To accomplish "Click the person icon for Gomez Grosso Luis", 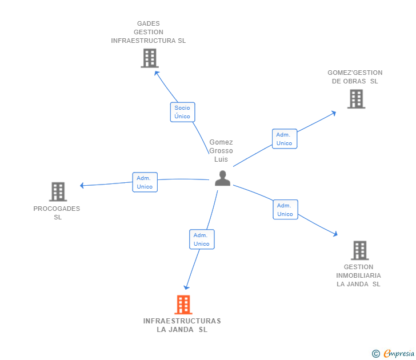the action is pos(222,178).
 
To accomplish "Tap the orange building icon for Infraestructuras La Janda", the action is pos(183,305).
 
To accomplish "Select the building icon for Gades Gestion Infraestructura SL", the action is pos(149,58).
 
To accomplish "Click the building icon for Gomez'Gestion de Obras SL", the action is pos(356,99).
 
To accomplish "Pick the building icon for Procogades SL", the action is pos(58,192).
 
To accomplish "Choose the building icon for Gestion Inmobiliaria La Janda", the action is pos(359,250).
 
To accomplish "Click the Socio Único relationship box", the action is pos(182,112).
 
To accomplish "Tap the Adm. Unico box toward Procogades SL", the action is pos(145,182).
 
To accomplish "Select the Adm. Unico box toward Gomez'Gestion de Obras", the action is pos(284,139).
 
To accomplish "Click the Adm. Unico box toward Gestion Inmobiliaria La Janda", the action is pos(285,210).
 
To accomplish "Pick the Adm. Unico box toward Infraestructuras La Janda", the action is pos(202,239).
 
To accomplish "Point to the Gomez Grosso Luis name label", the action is pos(221,151).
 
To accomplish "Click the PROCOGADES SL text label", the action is pos(57,213).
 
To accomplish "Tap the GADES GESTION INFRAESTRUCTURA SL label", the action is pos(149,32).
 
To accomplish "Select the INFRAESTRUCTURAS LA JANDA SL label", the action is pos(182,325).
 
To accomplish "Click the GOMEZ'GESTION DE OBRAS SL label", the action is pos(355,77).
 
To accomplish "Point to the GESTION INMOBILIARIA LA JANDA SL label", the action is pos(358,275).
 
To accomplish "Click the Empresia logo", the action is pos(399,354).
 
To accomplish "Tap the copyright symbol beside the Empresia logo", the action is pos(376,354).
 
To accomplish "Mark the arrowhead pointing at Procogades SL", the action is pos(82,185).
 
